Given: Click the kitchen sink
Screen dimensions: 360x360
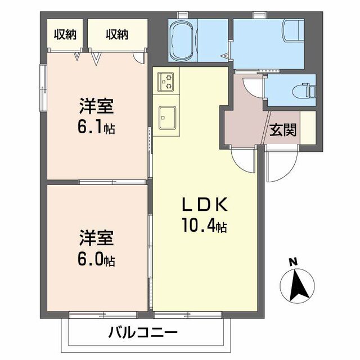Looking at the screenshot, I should tap(167, 117).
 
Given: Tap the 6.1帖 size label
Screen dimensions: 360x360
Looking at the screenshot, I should tap(97, 128).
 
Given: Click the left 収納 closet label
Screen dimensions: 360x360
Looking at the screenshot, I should tap(65, 34).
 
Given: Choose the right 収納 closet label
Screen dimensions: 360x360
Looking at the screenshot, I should tap(117, 34).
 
